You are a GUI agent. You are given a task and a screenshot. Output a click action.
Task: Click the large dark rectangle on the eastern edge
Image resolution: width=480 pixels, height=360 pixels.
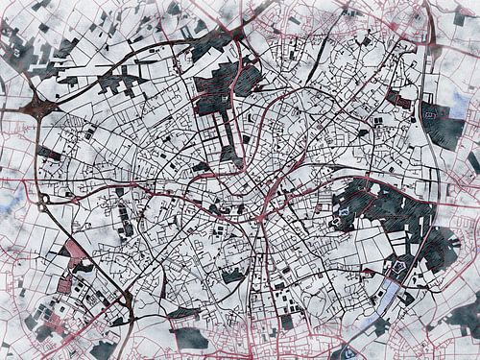[444, 126]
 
